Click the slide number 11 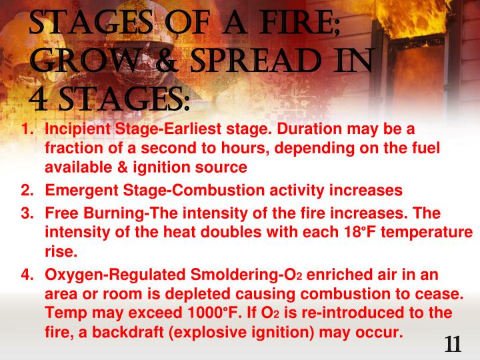[x=453, y=345]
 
